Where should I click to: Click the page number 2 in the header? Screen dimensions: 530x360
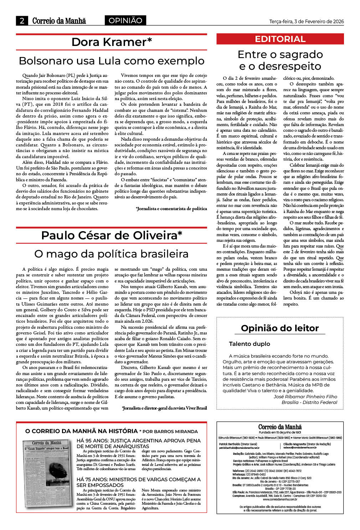(22, 21)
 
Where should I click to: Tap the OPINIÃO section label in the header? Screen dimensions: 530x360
(125, 21)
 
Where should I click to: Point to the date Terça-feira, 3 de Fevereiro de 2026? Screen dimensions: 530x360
(307, 21)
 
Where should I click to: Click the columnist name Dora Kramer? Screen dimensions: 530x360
(112, 42)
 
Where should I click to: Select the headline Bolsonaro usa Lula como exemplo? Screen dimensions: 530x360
(112, 61)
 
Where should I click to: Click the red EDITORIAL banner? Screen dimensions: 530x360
(280, 39)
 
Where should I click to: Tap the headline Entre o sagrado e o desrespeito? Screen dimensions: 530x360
(280, 60)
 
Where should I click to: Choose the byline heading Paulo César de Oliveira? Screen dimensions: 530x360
(112, 235)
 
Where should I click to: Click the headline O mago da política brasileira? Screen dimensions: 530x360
(112, 254)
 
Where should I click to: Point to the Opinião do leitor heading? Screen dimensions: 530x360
(280, 328)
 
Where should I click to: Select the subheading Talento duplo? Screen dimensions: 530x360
(250, 344)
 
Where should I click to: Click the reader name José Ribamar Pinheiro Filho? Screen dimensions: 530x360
(305, 396)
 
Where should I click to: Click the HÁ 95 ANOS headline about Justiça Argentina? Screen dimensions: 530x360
(139, 443)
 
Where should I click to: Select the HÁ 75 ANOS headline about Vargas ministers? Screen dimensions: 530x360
(139, 482)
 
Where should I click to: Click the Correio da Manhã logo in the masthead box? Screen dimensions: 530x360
(280, 427)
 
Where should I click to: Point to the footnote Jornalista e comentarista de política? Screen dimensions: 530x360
(171, 209)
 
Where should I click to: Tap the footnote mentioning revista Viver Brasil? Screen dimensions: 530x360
(164, 408)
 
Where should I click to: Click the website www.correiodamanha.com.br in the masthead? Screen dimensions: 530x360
(280, 499)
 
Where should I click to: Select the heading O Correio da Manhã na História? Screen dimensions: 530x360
(81, 431)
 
